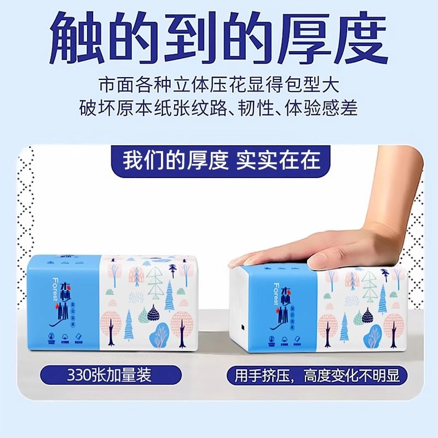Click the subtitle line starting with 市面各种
point(219,85)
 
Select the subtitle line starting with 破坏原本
point(219,108)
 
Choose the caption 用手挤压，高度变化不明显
point(314,376)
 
